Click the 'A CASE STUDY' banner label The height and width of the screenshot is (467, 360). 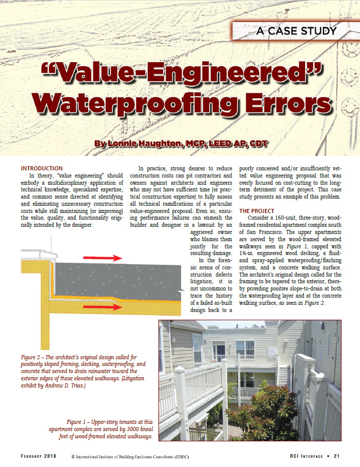tap(297, 31)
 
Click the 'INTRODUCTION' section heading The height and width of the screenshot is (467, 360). tap(42, 168)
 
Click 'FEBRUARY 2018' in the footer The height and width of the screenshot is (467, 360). tap(38, 456)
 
